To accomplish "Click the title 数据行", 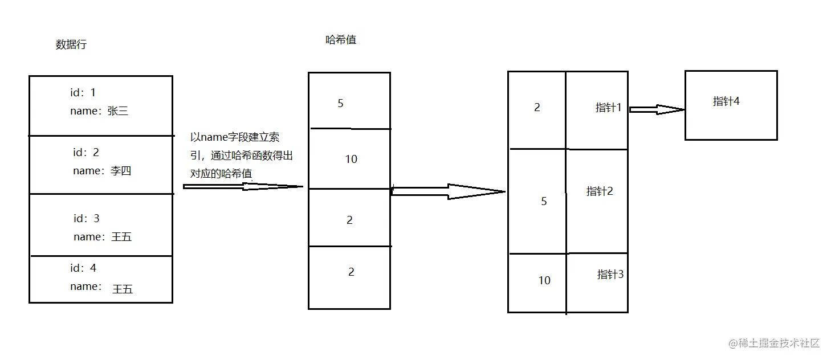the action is click(x=71, y=44).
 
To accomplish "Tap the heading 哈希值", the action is click(x=341, y=40).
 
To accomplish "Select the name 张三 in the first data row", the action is click(x=117, y=111).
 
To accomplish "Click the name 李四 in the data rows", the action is click(x=120, y=170).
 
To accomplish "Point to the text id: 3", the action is click(x=87, y=218).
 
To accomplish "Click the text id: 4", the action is click(x=83, y=268).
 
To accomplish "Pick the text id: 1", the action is click(x=83, y=92).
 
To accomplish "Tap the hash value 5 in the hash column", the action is click(x=341, y=103).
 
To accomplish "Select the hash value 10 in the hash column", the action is click(x=351, y=159).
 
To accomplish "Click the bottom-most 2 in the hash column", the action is click(x=351, y=272).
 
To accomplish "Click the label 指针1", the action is click(x=608, y=107).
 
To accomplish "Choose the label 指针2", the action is click(x=600, y=191).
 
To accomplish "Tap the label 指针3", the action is click(x=610, y=274).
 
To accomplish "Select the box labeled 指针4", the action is click(x=731, y=105).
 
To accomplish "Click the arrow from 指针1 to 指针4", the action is click(x=656, y=109).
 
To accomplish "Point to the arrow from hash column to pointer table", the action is click(x=448, y=191).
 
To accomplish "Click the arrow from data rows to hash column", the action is click(x=243, y=186).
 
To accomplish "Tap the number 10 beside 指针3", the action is click(x=544, y=280).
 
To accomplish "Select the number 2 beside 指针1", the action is click(x=537, y=107).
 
